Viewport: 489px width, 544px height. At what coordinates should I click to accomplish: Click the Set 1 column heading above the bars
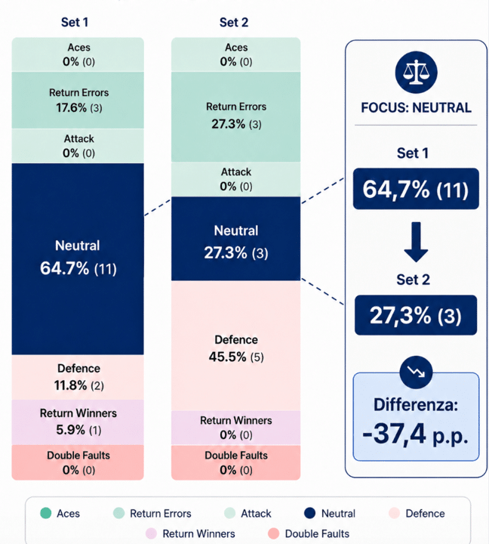coord(75,22)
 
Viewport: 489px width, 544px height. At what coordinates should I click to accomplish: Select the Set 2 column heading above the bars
coord(234,22)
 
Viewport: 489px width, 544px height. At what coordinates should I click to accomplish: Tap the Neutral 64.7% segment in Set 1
coord(78,258)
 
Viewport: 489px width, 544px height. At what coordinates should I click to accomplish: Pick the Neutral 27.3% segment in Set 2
coord(235,240)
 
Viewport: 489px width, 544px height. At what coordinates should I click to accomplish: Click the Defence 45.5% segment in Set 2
coord(235,346)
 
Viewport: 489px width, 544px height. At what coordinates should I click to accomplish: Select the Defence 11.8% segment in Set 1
coord(78,377)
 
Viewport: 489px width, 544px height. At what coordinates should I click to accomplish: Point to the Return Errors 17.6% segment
coord(78,100)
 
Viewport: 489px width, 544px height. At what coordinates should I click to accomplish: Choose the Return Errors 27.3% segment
coord(235,113)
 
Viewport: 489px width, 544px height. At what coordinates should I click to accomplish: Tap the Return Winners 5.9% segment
coord(78,422)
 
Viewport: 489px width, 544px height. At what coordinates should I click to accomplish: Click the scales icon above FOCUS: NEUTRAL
coord(416,73)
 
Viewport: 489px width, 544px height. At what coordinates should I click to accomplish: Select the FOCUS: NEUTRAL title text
coord(416,107)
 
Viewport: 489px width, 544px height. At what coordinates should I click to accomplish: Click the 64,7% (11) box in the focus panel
coord(416,189)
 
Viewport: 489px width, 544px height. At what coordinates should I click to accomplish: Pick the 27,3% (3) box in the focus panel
coord(416,315)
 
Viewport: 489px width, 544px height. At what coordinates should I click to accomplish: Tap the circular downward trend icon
coord(416,371)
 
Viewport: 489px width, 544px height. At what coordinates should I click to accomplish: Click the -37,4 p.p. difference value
coord(416,436)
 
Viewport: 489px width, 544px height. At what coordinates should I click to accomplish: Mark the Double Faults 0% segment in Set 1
coord(78,462)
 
